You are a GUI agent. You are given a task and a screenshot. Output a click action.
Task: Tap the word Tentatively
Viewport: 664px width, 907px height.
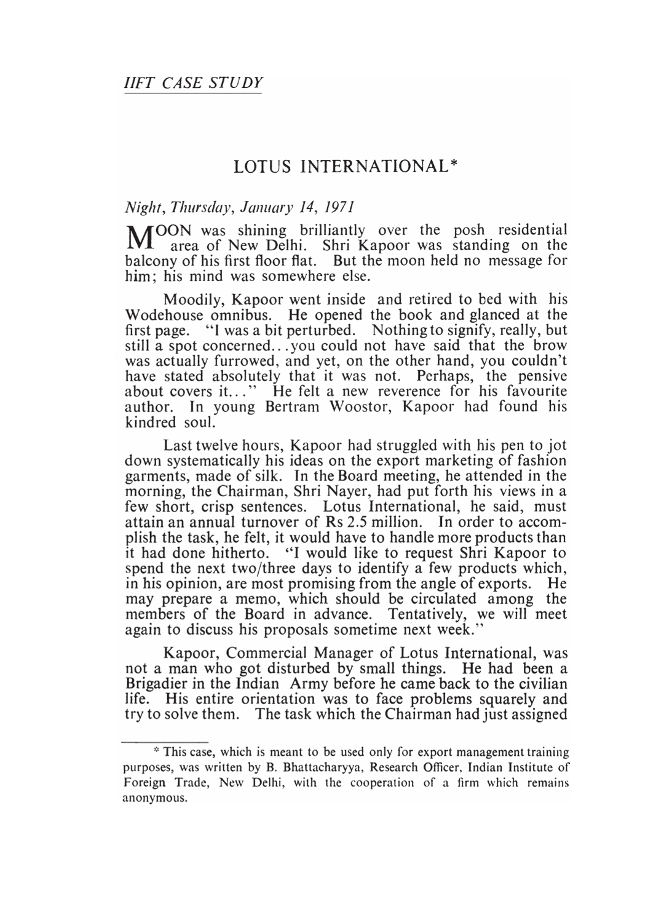429,614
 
